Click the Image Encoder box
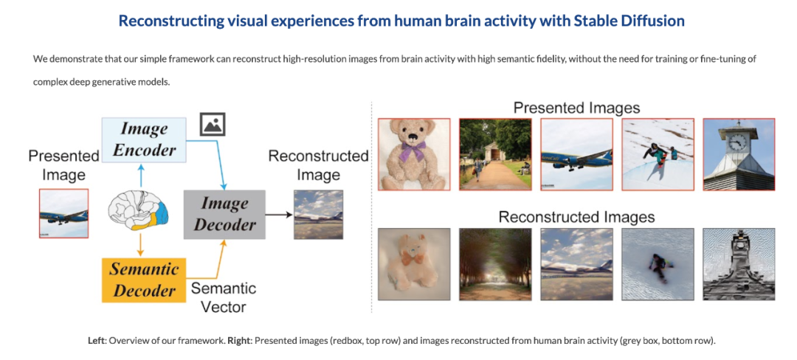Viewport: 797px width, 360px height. click(x=145, y=139)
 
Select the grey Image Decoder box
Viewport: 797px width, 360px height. click(x=224, y=214)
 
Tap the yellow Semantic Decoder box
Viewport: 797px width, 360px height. click(x=143, y=280)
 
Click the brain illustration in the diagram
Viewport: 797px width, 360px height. click(x=138, y=212)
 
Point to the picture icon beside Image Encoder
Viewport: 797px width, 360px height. click(x=213, y=124)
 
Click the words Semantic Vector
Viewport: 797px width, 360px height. click(x=223, y=297)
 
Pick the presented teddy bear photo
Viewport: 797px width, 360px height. click(x=414, y=154)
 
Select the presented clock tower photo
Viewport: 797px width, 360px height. click(x=739, y=154)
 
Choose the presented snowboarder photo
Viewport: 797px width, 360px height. click(x=658, y=154)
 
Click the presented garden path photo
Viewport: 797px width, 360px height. click(x=495, y=154)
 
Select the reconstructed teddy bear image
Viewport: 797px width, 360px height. click(x=414, y=264)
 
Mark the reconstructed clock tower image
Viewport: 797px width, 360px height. click(x=739, y=264)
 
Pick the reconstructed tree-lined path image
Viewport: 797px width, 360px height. click(x=495, y=264)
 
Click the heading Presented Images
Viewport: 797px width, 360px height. click(x=576, y=108)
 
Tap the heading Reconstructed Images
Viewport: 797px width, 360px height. click(x=576, y=218)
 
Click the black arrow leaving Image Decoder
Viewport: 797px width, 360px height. click(x=279, y=215)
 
